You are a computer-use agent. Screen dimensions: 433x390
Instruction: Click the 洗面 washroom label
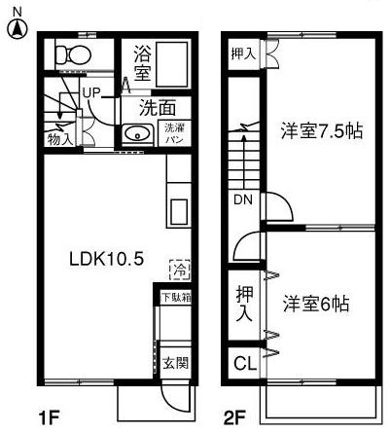(x=156, y=108)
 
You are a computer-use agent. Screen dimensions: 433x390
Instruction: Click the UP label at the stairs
(x=92, y=92)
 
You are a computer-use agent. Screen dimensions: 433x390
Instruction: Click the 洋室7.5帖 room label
(x=324, y=130)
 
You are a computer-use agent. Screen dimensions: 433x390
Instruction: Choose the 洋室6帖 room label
(x=317, y=303)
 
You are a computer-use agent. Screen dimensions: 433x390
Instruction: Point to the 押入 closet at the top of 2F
(x=244, y=54)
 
